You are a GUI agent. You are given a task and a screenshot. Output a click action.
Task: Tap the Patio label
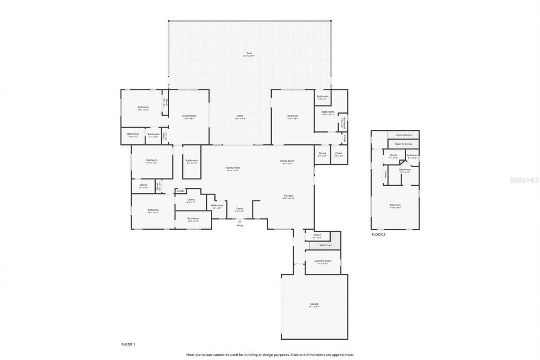point(240,116)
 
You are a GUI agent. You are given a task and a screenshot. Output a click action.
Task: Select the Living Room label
point(188,116)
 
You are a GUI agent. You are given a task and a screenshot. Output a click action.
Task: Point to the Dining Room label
point(287,161)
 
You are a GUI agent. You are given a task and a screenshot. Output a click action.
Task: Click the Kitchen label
point(289,196)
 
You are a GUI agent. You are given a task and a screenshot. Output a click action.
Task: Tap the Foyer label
point(240,209)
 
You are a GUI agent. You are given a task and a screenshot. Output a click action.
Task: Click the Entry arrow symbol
point(240,221)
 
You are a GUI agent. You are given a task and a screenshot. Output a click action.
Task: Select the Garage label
point(314,304)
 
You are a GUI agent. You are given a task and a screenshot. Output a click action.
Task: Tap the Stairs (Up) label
point(326,245)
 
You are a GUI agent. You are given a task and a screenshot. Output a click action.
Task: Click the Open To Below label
point(403,144)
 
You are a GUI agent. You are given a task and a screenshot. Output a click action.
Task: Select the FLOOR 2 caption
point(378,234)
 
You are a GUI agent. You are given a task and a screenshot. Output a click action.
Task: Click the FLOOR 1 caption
point(128,344)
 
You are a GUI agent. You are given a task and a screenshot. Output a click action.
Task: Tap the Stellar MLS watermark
point(524,180)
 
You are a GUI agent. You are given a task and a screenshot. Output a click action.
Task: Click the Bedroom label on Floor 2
point(395,206)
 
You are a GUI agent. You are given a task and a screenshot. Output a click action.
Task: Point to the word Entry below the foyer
point(240,226)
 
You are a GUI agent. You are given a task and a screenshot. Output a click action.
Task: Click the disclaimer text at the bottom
point(270,355)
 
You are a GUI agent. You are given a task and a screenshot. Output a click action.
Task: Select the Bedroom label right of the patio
point(292,116)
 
